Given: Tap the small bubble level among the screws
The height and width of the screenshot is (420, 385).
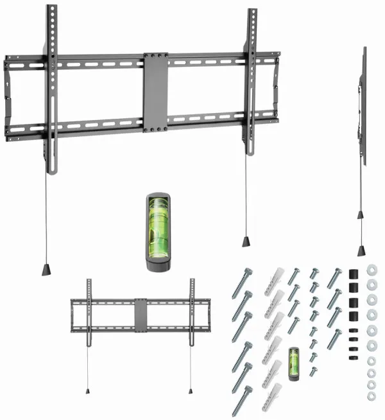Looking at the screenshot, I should (295, 363).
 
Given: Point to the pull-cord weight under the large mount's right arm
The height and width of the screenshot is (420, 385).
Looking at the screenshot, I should (246, 241).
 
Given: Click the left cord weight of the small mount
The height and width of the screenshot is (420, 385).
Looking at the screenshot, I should (88, 390).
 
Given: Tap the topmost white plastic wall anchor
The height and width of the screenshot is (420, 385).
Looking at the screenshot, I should (272, 278).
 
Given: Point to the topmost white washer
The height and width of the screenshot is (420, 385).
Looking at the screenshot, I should (371, 270).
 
